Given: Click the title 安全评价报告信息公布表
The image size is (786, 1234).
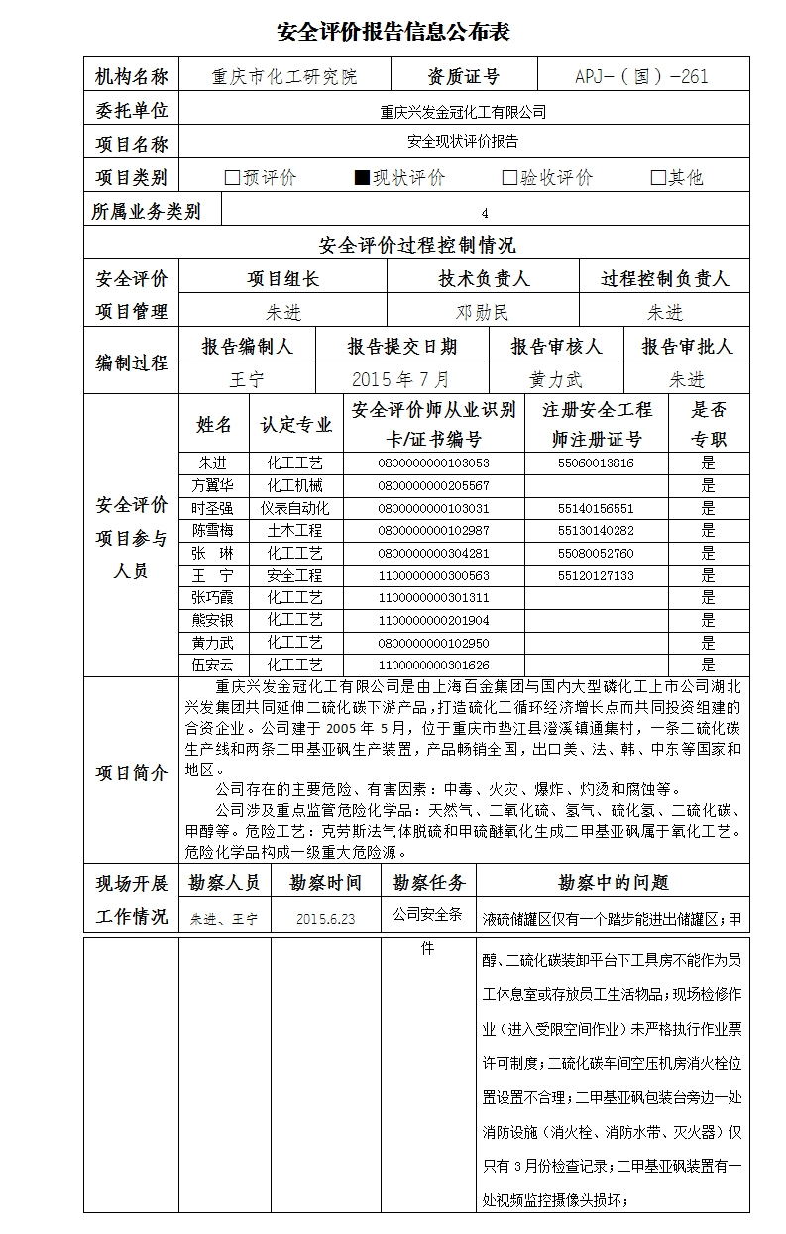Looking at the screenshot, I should (x=393, y=32).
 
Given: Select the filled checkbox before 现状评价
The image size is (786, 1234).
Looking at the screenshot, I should (x=362, y=178).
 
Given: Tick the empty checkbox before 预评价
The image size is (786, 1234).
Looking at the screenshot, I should (x=232, y=178).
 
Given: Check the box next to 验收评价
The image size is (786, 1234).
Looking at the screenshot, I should (x=509, y=178).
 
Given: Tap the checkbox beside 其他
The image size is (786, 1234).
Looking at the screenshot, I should (x=657, y=178).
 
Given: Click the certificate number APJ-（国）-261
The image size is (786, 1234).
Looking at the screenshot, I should (x=641, y=77).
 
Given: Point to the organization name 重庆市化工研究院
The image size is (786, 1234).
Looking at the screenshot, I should (x=285, y=77).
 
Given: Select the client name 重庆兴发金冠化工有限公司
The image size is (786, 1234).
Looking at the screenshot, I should (x=463, y=112).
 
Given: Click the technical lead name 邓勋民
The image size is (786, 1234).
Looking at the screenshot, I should (x=483, y=313).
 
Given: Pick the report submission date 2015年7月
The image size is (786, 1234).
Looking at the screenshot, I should (x=400, y=379).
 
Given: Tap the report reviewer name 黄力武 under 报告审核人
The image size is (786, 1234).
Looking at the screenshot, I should (x=556, y=379).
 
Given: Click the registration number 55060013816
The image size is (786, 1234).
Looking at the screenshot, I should (x=596, y=463).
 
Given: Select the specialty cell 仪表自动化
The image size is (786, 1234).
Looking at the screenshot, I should (x=294, y=508).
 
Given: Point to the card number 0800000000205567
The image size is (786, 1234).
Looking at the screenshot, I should (x=433, y=485).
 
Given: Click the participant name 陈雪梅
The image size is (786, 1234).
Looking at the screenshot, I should (x=213, y=531).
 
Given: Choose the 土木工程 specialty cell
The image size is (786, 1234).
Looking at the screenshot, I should (x=294, y=531).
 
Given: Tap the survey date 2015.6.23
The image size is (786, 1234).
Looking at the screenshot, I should (x=325, y=919).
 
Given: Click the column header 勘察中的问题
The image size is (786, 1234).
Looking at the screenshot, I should (x=613, y=882).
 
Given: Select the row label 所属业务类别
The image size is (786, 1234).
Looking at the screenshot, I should (x=145, y=211).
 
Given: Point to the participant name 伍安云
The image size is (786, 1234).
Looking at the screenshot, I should (x=213, y=666).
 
